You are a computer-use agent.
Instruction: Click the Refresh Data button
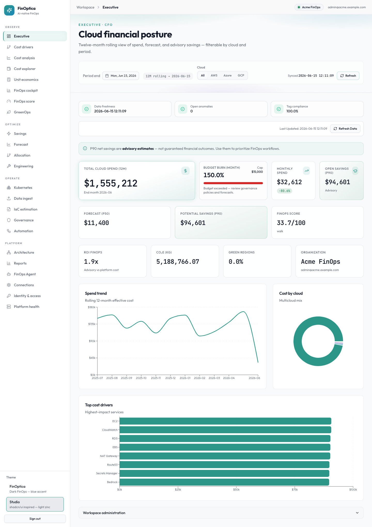click(345, 129)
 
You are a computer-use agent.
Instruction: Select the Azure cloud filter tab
click(227, 75)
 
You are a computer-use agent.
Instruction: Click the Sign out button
click(35, 519)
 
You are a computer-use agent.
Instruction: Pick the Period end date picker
click(121, 76)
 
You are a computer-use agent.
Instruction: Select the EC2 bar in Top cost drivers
click(225, 421)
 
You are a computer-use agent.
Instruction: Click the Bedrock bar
click(224, 482)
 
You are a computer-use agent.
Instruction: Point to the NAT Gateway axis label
click(109, 456)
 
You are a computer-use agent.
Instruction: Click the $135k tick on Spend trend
click(92, 324)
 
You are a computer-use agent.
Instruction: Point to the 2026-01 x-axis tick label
click(185, 378)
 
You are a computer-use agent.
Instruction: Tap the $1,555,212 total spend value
click(111, 183)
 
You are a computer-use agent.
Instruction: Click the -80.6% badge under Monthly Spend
click(284, 191)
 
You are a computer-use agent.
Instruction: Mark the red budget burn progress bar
click(233, 183)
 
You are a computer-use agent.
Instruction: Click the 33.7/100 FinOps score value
click(291, 223)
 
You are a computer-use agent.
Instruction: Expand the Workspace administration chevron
click(357, 513)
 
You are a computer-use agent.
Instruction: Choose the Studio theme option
click(35, 504)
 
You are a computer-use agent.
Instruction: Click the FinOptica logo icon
click(9, 10)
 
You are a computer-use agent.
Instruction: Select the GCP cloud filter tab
click(241, 75)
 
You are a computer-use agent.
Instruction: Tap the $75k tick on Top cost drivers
click(295, 490)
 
